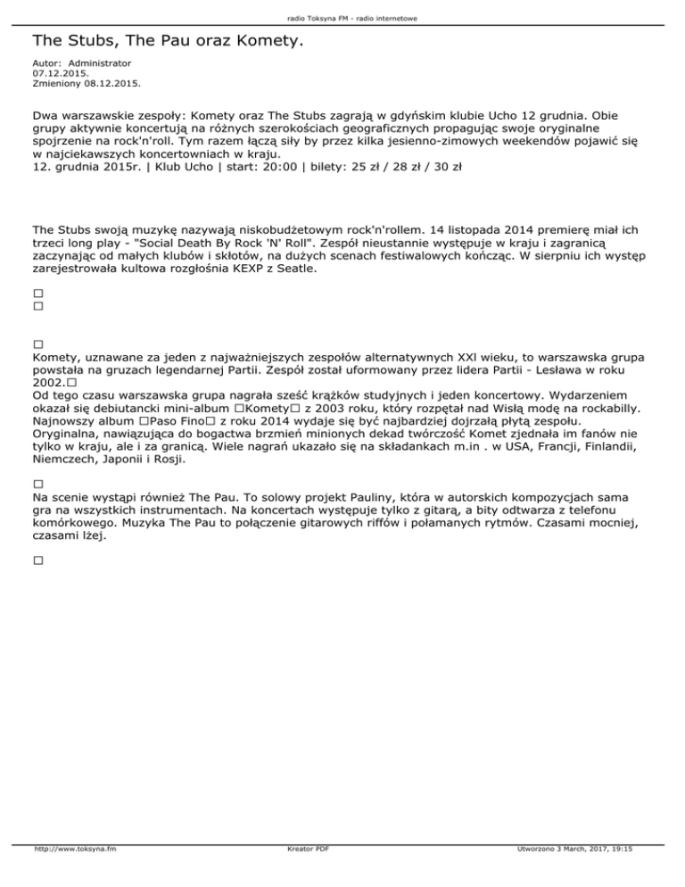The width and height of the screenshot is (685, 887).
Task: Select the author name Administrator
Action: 100,64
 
